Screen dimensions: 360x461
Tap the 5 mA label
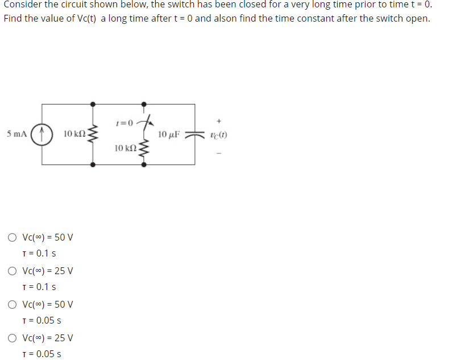coord(16,135)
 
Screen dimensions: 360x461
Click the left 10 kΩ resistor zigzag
coord(94,134)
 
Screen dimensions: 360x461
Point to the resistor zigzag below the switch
coord(143,150)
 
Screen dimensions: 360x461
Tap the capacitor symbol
coord(194,135)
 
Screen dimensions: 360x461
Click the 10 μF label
coord(169,135)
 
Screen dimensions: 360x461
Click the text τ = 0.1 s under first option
coord(39,253)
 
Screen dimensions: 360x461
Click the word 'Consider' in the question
coord(22,5)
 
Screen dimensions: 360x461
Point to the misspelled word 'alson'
coord(226,18)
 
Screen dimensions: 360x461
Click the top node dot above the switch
coord(143,104)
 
